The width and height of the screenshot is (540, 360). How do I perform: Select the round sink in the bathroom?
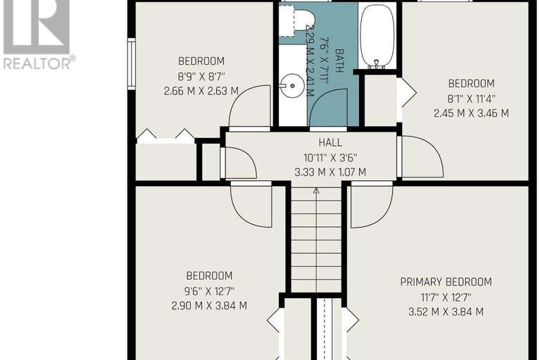(x=292, y=85)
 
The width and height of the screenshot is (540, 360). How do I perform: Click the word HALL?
(x=330, y=142)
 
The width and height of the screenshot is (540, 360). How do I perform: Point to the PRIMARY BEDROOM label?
(x=446, y=282)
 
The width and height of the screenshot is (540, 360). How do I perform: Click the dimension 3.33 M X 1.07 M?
(x=330, y=172)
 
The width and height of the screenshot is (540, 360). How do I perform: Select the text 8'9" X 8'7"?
(x=201, y=76)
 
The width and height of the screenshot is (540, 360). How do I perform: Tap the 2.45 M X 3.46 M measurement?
(x=471, y=113)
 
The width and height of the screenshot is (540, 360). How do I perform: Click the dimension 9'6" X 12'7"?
(x=209, y=291)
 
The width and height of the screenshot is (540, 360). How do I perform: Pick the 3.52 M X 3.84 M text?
(x=446, y=312)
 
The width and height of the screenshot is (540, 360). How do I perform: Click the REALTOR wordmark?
(x=38, y=63)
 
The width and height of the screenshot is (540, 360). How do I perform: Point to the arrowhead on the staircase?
(x=316, y=190)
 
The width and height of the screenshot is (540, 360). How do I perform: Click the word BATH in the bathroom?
(x=339, y=61)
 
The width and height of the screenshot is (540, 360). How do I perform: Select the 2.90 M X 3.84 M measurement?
(x=209, y=306)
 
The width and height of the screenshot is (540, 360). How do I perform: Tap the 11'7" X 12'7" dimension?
(x=446, y=297)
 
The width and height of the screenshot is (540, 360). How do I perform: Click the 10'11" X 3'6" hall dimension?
(x=330, y=158)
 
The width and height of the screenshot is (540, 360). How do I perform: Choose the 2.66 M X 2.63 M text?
(x=201, y=91)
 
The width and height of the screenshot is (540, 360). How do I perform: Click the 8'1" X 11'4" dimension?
(x=471, y=99)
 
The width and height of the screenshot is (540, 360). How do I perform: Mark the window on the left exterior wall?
(x=132, y=63)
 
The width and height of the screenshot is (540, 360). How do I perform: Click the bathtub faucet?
(x=377, y=64)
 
